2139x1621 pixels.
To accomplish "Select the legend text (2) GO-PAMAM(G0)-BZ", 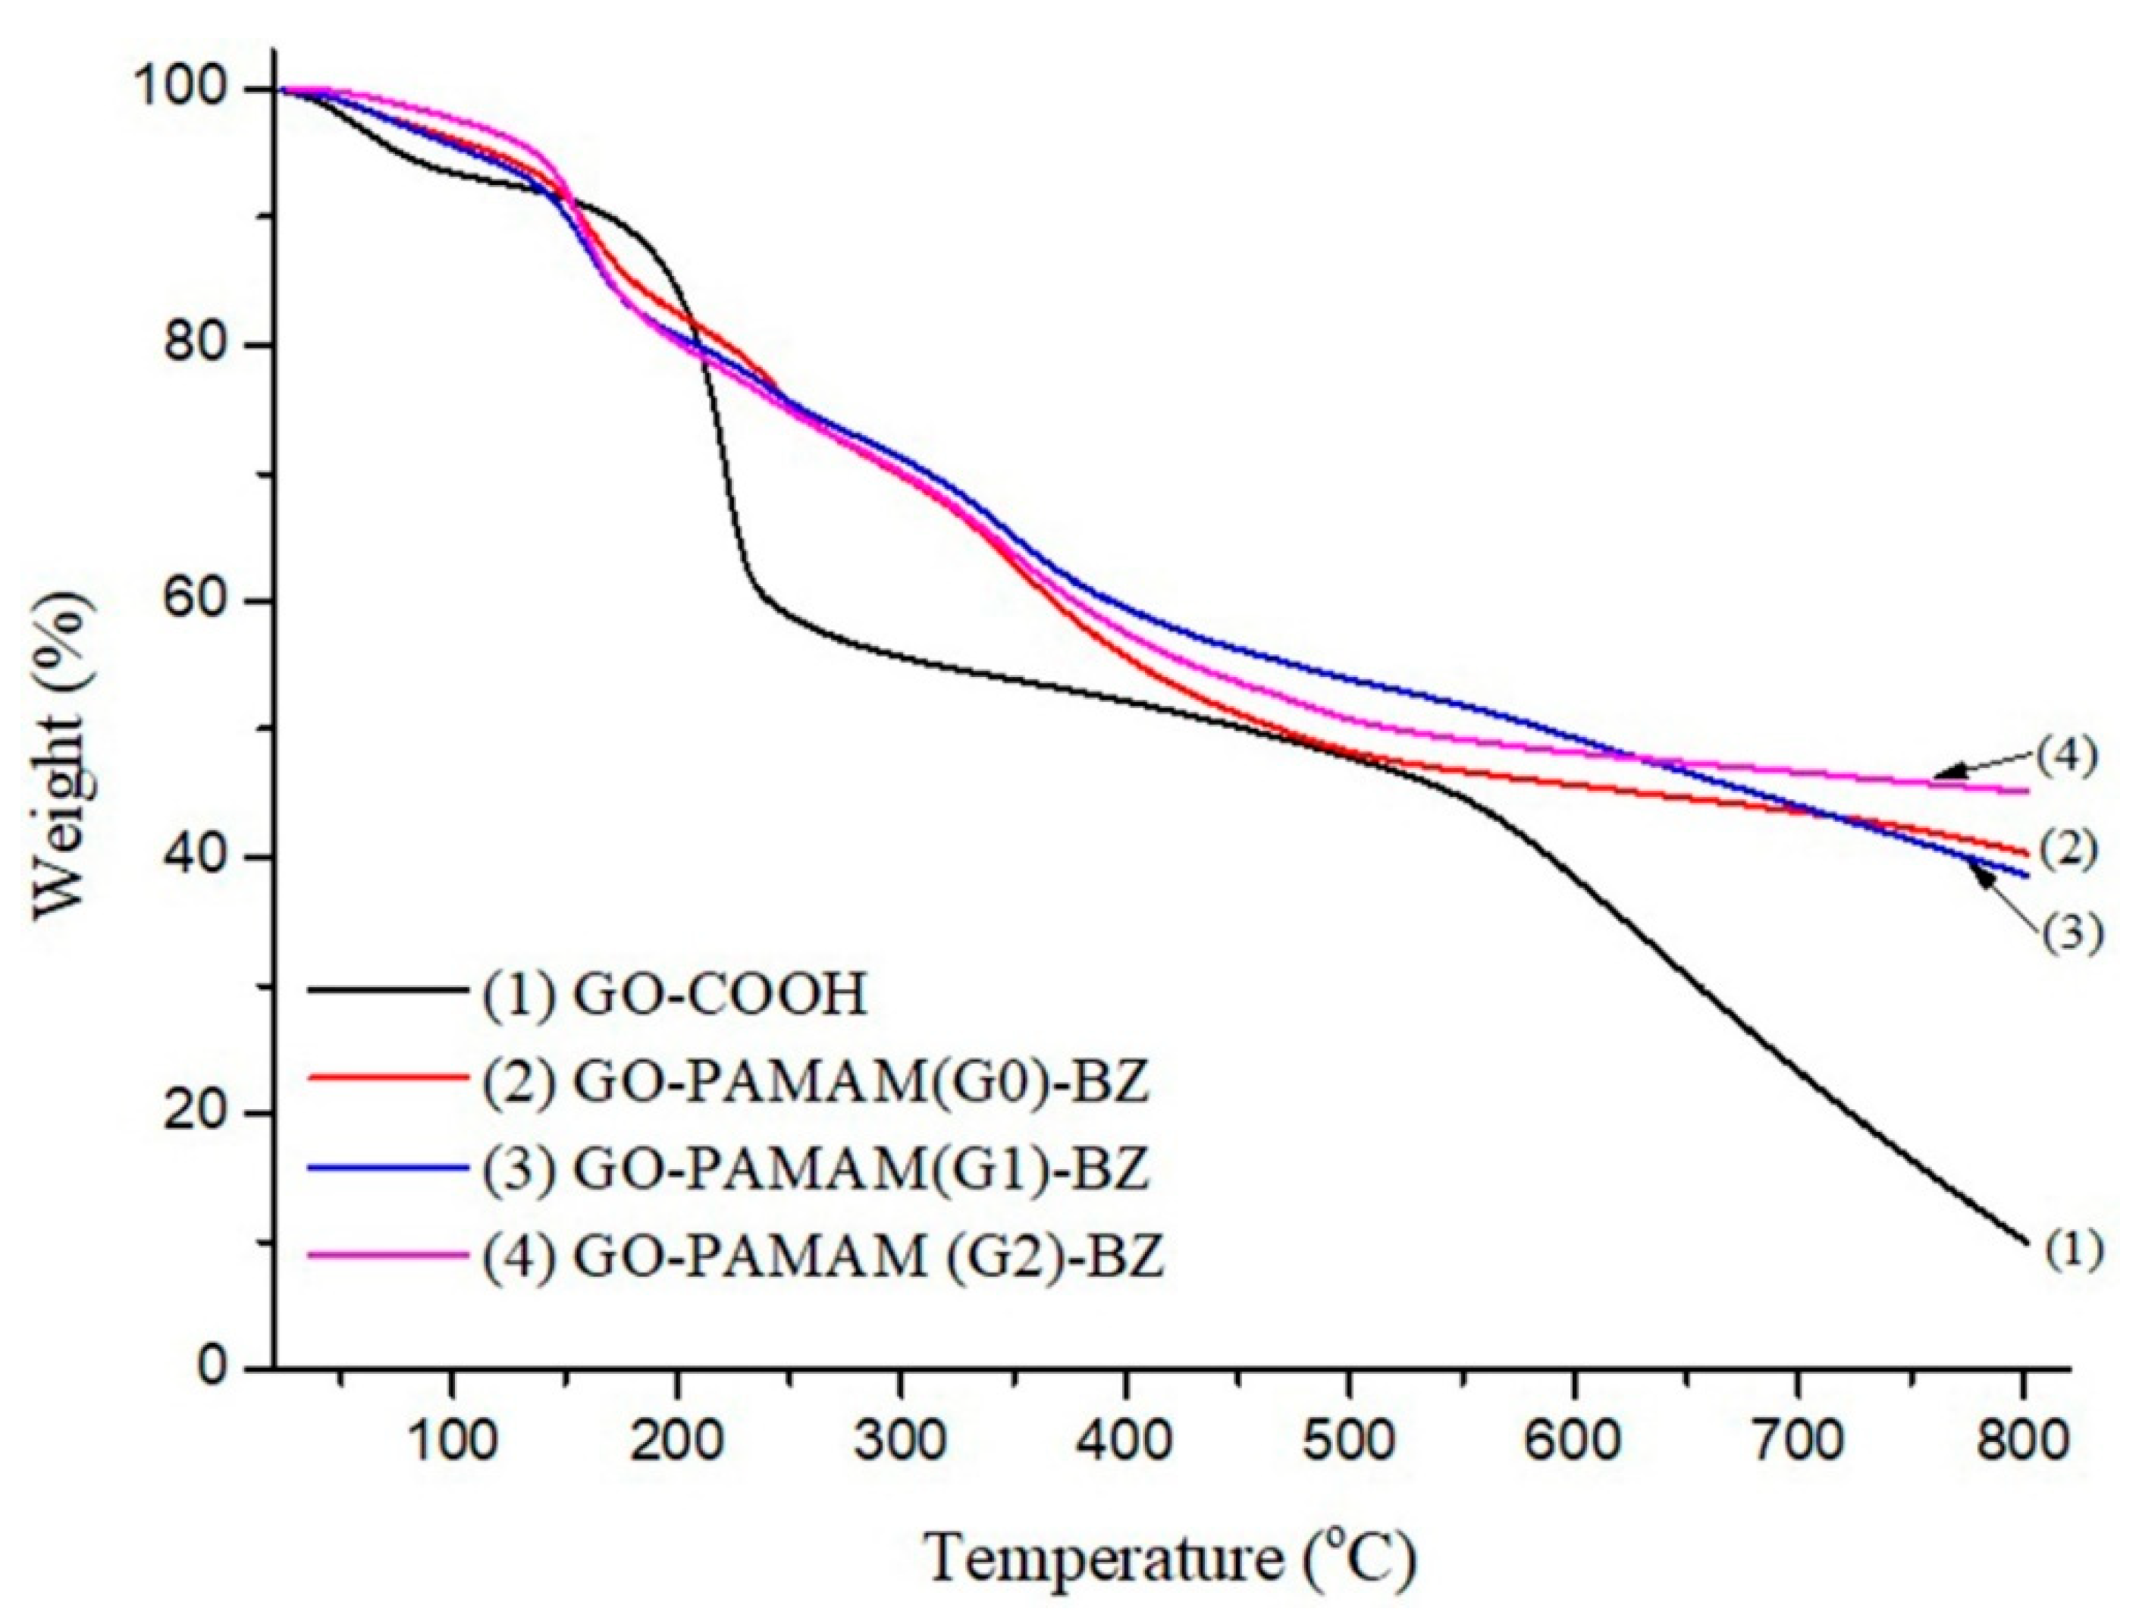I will pyautogui.click(x=815, y=1083).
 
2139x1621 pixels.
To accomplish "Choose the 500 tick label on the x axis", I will pyautogui.click(x=1349, y=1442).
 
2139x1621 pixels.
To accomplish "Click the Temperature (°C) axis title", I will pyautogui.click(x=1172, y=1559).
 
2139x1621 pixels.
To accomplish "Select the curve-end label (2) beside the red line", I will pyautogui.click(x=2069, y=849).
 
